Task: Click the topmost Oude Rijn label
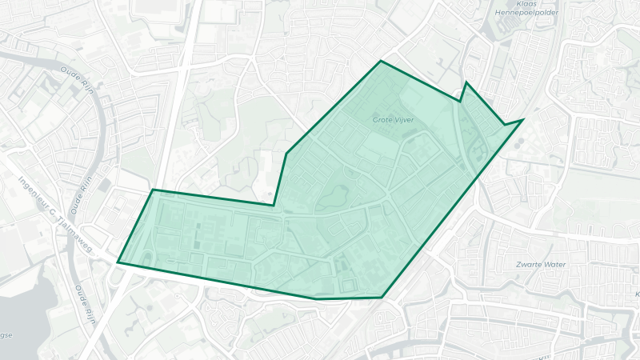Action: (x=78, y=81)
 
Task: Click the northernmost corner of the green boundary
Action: (x=381, y=61)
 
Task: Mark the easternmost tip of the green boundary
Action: (x=522, y=119)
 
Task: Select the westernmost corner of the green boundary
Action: (x=118, y=262)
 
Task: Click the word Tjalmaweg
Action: (x=74, y=233)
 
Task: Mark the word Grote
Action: (x=381, y=120)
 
